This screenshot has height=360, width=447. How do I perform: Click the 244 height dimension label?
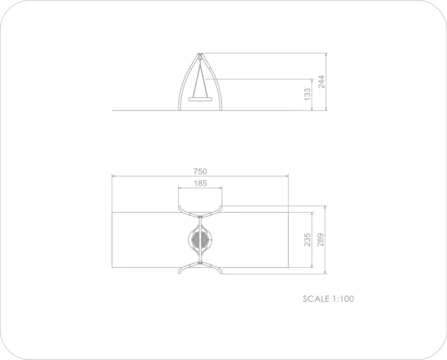321,82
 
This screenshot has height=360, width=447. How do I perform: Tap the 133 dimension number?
307,94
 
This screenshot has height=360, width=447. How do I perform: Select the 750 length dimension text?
200,171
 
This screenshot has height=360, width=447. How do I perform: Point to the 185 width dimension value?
200,183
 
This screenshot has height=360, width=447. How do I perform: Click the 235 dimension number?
307,239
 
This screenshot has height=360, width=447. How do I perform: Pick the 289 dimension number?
321,239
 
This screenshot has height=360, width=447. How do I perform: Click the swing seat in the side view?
200,99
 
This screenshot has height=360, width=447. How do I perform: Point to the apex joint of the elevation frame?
200,55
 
